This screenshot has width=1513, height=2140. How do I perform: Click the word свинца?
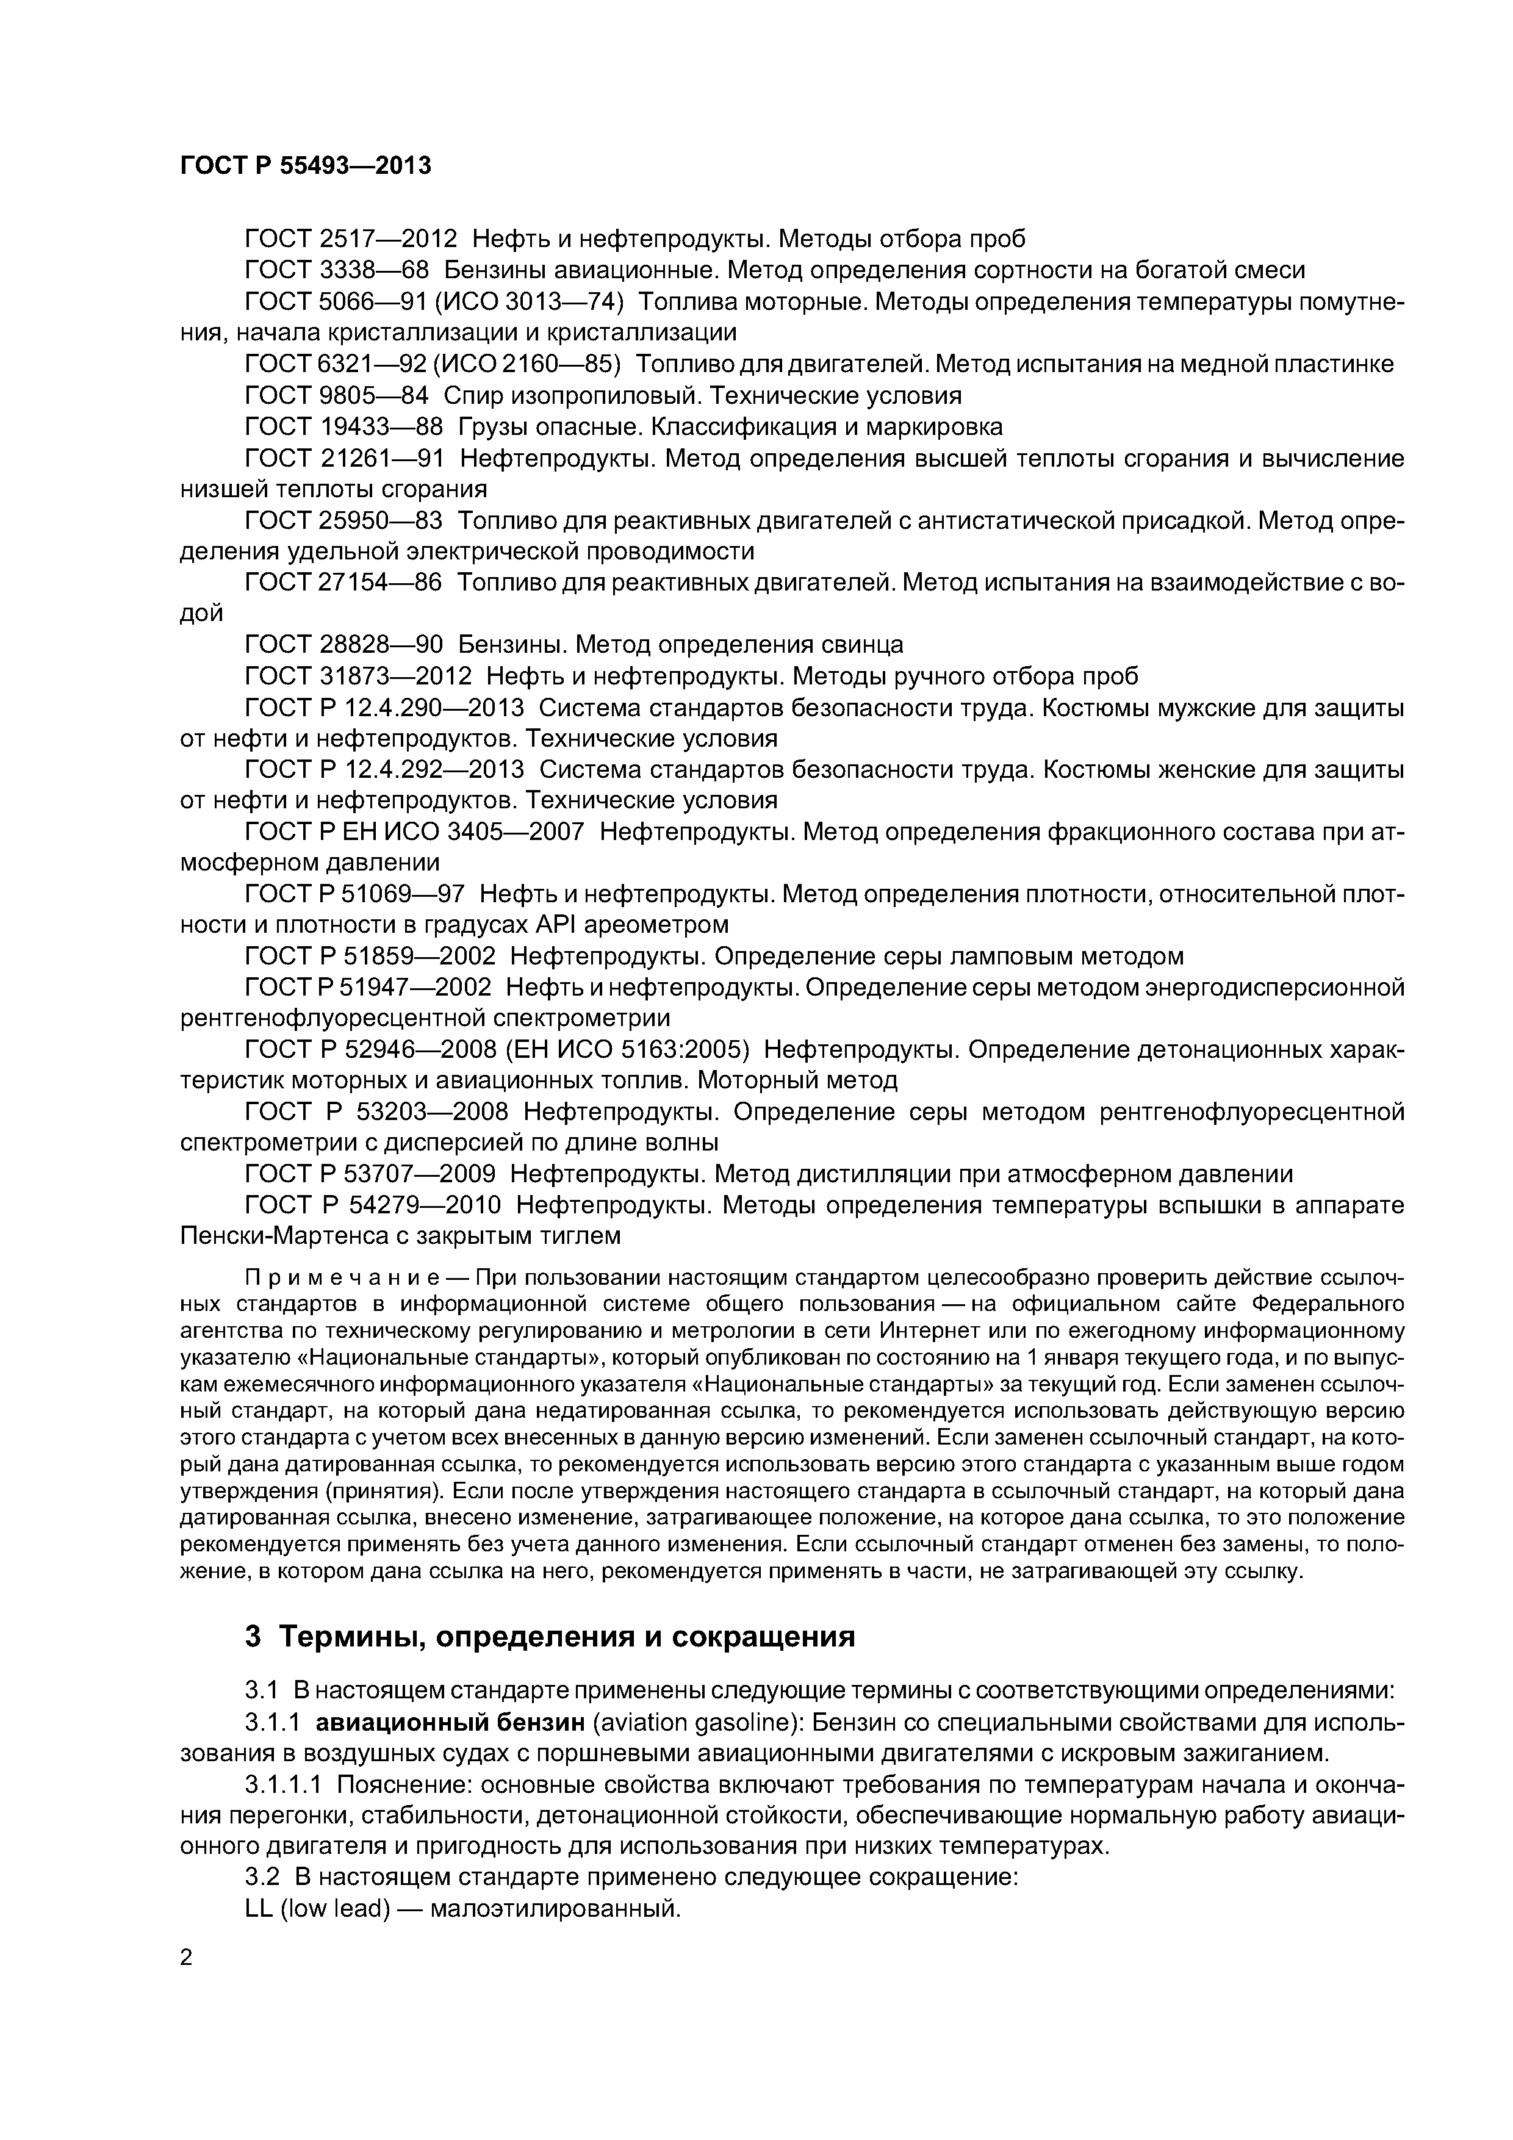[x=864, y=645]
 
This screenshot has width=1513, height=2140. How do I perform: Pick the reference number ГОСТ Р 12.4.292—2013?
[x=384, y=770]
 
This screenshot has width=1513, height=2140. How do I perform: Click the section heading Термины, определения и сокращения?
[x=567, y=1637]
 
